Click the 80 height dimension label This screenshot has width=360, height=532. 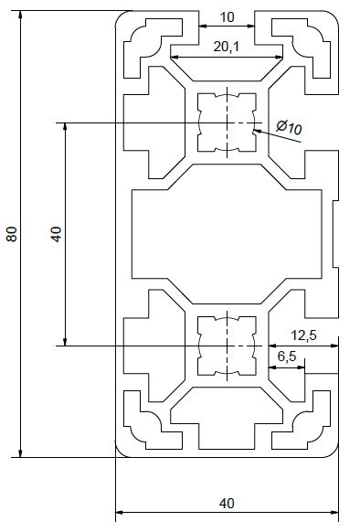point(12,234)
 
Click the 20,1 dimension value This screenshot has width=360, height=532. point(227,47)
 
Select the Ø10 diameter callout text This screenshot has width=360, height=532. point(289,127)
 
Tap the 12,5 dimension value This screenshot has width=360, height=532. point(303,335)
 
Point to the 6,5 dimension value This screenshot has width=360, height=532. point(287,356)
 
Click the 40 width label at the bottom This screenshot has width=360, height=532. point(227,503)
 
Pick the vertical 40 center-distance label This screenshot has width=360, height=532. point(56,234)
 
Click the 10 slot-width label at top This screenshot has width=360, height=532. point(227,17)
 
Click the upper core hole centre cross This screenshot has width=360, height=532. point(227,122)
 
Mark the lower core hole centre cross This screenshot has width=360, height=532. point(227,346)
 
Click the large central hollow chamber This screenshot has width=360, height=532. point(227,234)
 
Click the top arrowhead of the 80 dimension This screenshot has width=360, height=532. point(21,15)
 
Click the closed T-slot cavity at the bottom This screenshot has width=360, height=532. point(227,418)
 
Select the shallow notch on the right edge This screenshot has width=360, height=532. point(335,234)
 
